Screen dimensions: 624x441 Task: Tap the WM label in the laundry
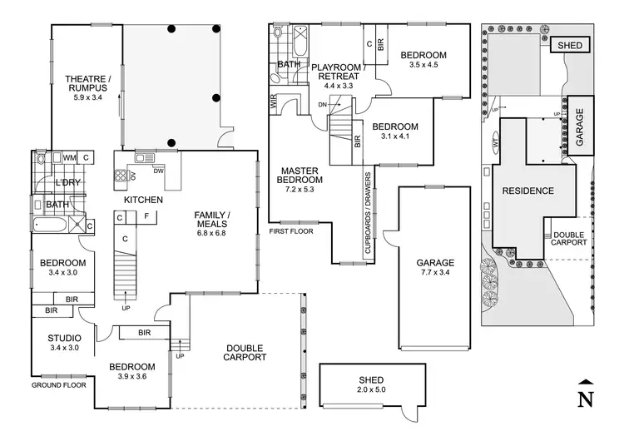pyautogui.click(x=69, y=158)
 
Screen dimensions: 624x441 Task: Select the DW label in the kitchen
pyautogui.click(x=158, y=171)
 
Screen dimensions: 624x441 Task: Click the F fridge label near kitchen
pyautogui.click(x=146, y=216)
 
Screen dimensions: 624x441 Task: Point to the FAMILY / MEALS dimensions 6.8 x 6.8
pyautogui.click(x=211, y=233)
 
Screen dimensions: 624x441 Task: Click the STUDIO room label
pyautogui.click(x=64, y=339)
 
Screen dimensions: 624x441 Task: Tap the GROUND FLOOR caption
pyautogui.click(x=59, y=385)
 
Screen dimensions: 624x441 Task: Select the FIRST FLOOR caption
pyautogui.click(x=291, y=231)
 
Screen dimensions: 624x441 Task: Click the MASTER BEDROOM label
pyautogui.click(x=300, y=176)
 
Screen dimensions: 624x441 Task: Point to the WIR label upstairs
pyautogui.click(x=274, y=102)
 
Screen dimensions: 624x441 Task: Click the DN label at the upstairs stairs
pyautogui.click(x=322, y=105)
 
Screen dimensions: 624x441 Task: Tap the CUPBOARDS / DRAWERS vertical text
pyautogui.click(x=368, y=213)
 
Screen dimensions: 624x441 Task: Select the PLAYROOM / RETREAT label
pyautogui.click(x=339, y=72)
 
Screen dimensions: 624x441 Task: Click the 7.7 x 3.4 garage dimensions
pyautogui.click(x=435, y=273)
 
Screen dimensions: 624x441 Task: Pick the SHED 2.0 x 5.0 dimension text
pyautogui.click(x=371, y=389)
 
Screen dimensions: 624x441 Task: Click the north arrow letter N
pyautogui.click(x=586, y=399)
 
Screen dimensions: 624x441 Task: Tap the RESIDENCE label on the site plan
pyautogui.click(x=528, y=191)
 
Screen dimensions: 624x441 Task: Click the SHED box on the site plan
pyautogui.click(x=570, y=46)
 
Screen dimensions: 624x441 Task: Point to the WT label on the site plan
pyautogui.click(x=496, y=142)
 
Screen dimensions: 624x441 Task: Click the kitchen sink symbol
pyautogui.click(x=145, y=158)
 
